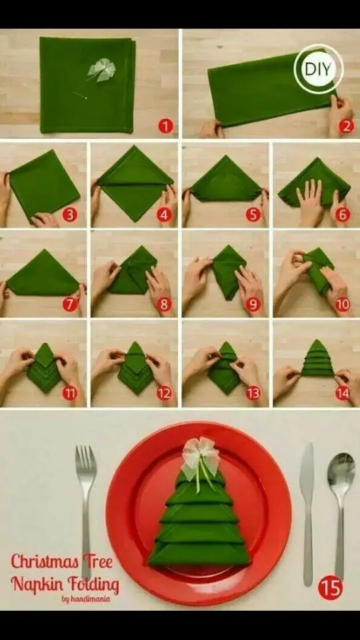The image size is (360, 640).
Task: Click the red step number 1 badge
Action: click(x=165, y=126)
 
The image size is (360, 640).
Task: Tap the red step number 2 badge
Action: click(x=346, y=126)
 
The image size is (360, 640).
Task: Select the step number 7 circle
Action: click(x=69, y=305)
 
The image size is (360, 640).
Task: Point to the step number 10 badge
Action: click(x=343, y=305)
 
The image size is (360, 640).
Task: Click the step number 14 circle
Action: click(x=343, y=393)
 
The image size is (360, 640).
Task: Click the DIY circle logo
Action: click(x=319, y=69)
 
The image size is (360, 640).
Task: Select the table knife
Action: click(x=307, y=514)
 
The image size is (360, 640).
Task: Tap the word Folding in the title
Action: click(x=94, y=585)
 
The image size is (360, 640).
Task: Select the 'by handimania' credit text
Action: click(x=86, y=599)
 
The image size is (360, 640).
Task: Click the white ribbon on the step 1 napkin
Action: click(x=101, y=70)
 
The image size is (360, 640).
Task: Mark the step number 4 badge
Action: click(x=164, y=215)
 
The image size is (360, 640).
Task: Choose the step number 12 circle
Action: click(x=164, y=393)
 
